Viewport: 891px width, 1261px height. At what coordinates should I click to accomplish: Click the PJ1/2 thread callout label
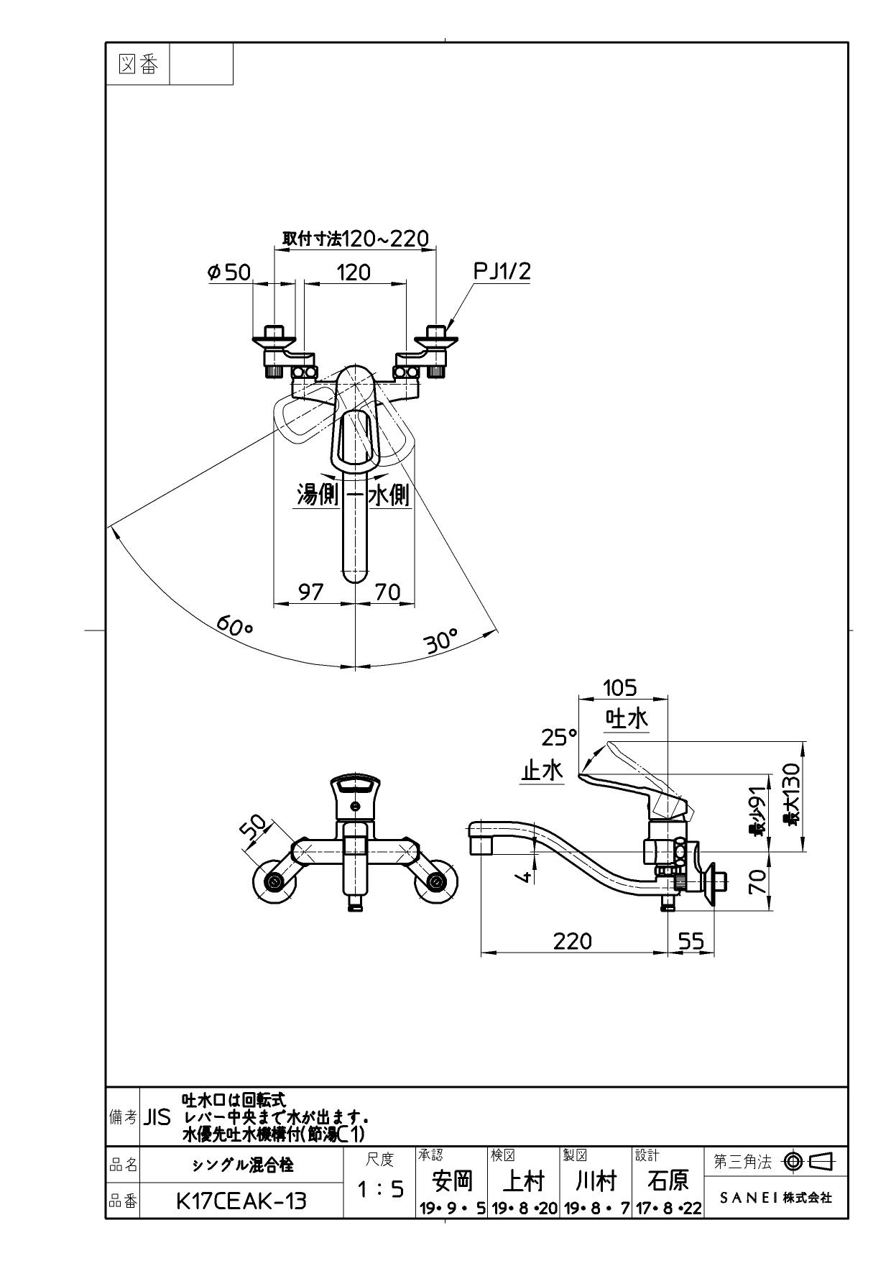[x=502, y=271]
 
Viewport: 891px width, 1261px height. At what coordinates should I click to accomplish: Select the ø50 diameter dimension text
[x=228, y=272]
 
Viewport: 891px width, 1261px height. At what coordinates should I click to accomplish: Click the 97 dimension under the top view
[x=310, y=592]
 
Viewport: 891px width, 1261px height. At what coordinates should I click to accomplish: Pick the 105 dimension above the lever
[x=619, y=688]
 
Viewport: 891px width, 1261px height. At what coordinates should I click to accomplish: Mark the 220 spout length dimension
[x=573, y=940]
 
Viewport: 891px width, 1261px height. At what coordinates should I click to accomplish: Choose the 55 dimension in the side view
[x=691, y=940]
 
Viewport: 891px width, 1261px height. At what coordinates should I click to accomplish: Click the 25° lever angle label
[x=559, y=737]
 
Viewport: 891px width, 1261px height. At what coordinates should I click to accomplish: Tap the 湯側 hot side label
[x=318, y=495]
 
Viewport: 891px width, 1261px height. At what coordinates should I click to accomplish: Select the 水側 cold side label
[x=389, y=495]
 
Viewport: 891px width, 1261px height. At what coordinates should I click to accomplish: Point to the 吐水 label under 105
[x=627, y=718]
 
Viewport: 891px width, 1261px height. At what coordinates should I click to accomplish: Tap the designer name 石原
[x=669, y=1180]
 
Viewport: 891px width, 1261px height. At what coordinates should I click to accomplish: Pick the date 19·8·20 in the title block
[x=525, y=1209]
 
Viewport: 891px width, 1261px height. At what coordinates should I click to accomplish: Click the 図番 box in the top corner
[x=137, y=65]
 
